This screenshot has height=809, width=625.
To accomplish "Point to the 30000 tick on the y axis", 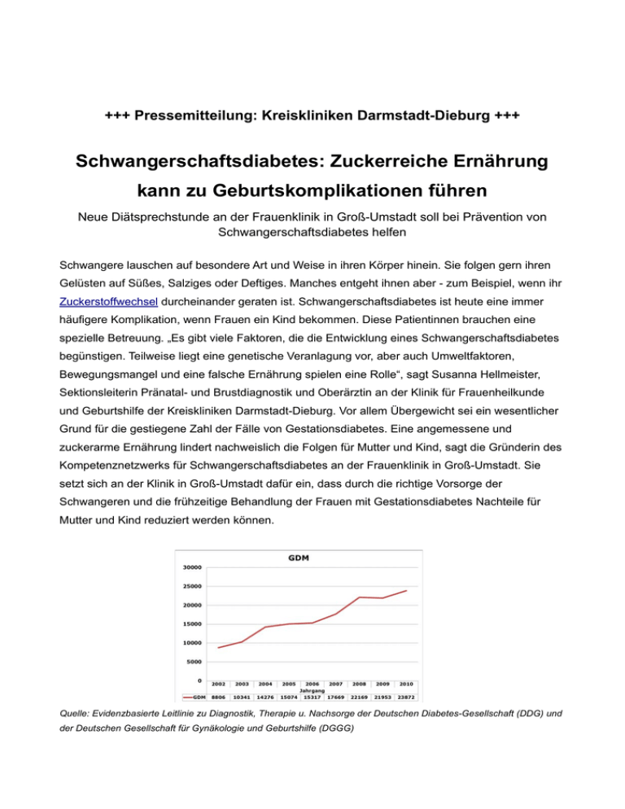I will [192, 567].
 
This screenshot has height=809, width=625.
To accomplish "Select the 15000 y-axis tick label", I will [192, 624].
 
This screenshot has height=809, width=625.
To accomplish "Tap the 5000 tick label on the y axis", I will [194, 662].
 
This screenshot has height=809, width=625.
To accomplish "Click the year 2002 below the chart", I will [218, 684].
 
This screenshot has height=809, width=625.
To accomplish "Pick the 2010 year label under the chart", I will [406, 684].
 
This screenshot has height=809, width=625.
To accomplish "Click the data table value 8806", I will [218, 697].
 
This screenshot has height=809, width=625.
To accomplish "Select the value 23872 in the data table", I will [406, 697].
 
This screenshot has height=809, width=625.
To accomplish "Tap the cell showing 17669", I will [335, 697].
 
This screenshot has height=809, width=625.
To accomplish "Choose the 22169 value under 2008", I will [359, 697].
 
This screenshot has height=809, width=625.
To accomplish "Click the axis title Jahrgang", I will [312, 691].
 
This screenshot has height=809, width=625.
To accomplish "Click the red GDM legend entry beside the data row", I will [193, 697].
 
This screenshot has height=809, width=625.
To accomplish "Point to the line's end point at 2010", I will [406, 591].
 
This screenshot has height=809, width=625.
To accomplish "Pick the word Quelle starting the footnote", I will [78, 714].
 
